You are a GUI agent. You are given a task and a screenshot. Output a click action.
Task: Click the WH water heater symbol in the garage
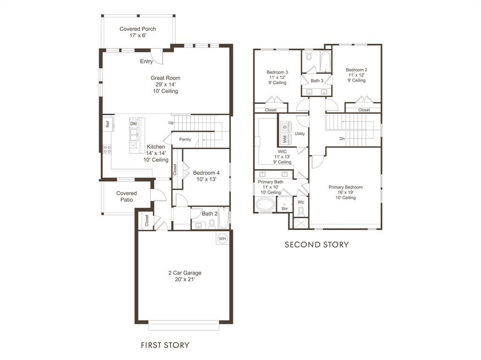point(222,238)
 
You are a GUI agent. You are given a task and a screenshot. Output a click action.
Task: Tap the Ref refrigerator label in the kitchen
point(108,124)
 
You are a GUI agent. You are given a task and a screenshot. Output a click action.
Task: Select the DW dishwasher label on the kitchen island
point(134,124)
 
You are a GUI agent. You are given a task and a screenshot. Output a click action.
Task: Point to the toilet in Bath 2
point(212,224)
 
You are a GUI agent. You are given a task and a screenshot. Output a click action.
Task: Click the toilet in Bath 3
point(309,57)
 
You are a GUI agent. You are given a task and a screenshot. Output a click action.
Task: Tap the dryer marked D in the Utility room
point(285,127)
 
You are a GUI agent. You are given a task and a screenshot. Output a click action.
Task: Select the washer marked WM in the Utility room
point(285,139)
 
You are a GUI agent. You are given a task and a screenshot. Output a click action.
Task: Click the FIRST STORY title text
point(165,345)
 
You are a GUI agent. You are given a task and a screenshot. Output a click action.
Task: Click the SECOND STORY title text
point(317,245)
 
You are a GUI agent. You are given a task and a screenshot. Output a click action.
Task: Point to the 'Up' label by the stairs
point(171,123)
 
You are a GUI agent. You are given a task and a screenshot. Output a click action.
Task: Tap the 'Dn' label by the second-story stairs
point(342,139)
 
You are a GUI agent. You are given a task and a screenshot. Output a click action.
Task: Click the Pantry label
point(185,139)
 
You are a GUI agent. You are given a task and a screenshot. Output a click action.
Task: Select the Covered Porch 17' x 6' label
point(138,32)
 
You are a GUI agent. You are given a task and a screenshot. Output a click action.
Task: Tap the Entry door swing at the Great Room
point(160,58)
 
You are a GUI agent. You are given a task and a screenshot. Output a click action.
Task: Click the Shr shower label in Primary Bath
point(285,209)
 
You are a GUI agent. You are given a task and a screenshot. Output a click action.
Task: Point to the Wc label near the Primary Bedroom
point(301,202)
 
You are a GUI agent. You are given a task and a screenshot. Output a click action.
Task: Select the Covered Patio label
point(127,196)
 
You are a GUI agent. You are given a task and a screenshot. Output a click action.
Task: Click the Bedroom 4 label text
point(206,173)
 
